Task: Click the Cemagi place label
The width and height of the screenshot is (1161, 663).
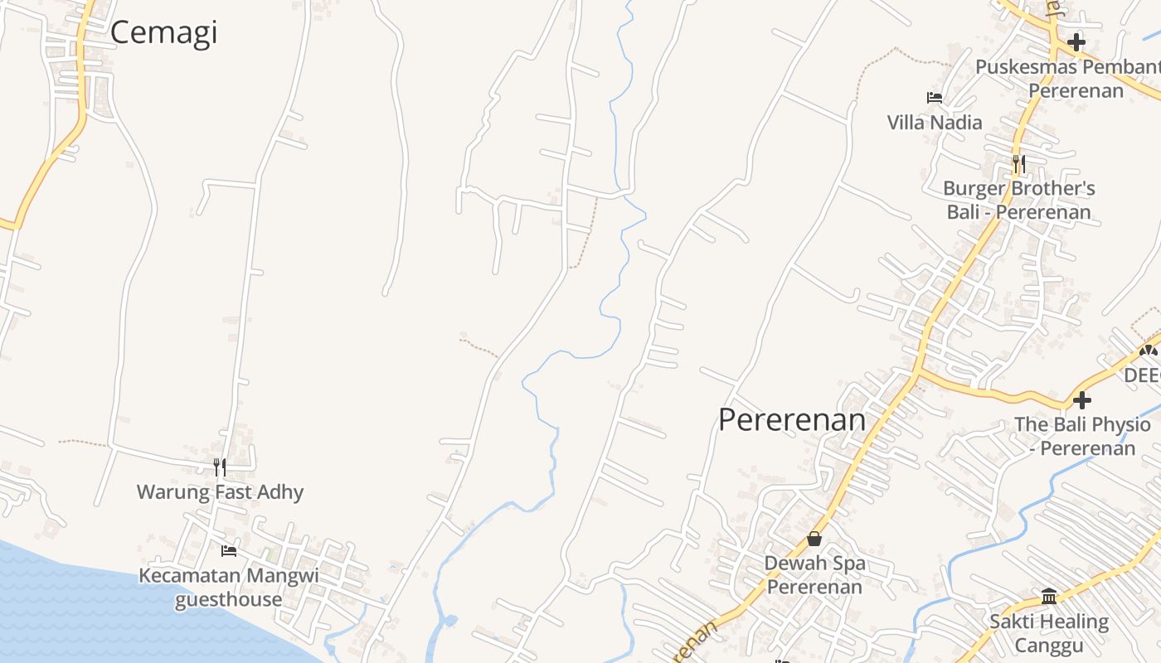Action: (163, 32)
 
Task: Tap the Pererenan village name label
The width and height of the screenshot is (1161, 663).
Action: (791, 419)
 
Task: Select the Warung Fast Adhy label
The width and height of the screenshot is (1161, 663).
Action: (220, 491)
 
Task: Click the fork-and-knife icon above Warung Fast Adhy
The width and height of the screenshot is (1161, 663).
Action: (220, 467)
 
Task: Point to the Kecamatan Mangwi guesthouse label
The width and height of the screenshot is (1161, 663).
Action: (228, 587)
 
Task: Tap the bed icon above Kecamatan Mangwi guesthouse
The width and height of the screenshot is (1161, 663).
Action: (229, 550)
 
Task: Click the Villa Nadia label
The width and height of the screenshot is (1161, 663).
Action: (935, 123)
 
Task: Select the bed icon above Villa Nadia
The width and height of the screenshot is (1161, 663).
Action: (935, 98)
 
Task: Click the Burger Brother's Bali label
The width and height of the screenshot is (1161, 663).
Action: (1018, 200)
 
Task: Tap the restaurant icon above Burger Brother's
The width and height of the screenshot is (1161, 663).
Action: (1019, 164)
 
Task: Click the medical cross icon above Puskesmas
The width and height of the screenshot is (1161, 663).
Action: (1076, 41)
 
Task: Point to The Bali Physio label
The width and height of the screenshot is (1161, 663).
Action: (1082, 436)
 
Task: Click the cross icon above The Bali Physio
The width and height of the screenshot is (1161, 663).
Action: (1082, 400)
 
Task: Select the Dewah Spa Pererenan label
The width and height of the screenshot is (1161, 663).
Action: (814, 574)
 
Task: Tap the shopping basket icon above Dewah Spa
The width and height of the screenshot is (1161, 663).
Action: (814, 539)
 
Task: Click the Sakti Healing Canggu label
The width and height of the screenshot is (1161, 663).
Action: (1049, 633)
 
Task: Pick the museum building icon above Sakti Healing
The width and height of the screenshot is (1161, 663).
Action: (1049, 597)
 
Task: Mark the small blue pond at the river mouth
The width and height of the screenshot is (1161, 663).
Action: (449, 620)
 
